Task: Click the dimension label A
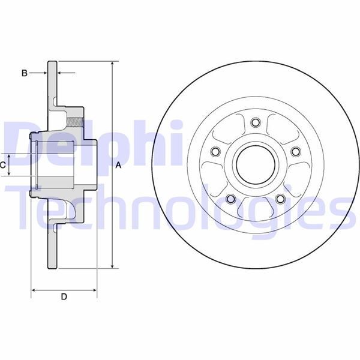(119, 166)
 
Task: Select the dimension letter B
(24, 73)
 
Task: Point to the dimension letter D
(64, 296)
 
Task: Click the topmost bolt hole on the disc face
(255, 123)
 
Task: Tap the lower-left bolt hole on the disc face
(230, 199)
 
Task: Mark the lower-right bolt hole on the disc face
(280, 199)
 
